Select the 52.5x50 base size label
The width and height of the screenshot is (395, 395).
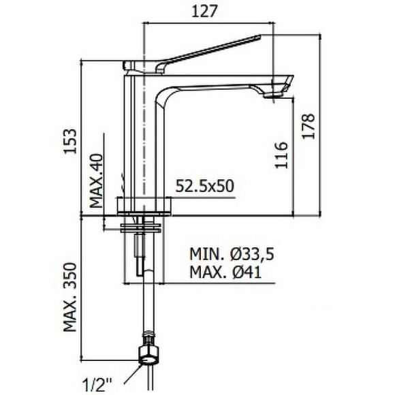[x=206, y=186]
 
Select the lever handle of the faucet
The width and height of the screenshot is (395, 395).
[x=204, y=50]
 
